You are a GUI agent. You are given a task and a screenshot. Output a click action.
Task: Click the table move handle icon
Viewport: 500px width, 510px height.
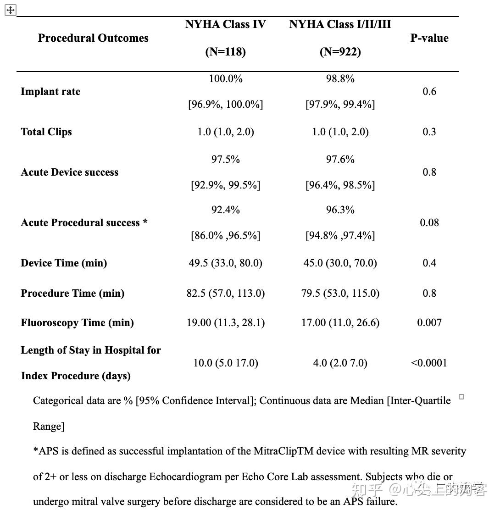pyautogui.click(x=11, y=10)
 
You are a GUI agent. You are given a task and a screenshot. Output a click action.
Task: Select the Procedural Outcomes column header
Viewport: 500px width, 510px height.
pyautogui.click(x=93, y=38)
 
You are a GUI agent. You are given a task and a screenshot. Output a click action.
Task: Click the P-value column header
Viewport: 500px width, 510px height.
pyautogui.click(x=429, y=38)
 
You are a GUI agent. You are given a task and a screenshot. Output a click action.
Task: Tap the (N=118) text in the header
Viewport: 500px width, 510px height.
pyautogui.click(x=225, y=52)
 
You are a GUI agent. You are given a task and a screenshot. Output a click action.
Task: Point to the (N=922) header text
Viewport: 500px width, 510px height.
pyautogui.click(x=340, y=52)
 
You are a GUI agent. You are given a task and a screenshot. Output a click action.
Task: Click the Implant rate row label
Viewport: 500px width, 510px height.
pyautogui.click(x=50, y=92)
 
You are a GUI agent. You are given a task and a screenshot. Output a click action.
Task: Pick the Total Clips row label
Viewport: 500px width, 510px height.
pyautogui.click(x=46, y=132)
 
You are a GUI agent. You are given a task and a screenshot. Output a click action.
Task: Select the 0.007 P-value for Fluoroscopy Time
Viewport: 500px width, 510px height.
pyautogui.click(x=429, y=323)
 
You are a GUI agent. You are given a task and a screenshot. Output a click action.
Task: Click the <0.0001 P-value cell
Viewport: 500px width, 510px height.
pyautogui.click(x=429, y=363)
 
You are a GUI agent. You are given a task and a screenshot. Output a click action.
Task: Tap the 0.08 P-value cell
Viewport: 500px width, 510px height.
pyautogui.click(x=429, y=223)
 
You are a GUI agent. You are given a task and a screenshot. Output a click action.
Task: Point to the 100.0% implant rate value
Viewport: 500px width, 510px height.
pyautogui.click(x=225, y=79)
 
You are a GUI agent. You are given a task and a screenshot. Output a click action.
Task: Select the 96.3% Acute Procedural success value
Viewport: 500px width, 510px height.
pyautogui.click(x=340, y=210)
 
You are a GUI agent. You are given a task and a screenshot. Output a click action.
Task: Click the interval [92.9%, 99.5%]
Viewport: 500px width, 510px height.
pyautogui.click(x=225, y=185)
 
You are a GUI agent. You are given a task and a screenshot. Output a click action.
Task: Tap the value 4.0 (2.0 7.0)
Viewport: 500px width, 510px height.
pyautogui.click(x=340, y=363)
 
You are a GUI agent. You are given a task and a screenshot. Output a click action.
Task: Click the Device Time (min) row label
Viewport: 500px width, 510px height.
pyautogui.click(x=64, y=263)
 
